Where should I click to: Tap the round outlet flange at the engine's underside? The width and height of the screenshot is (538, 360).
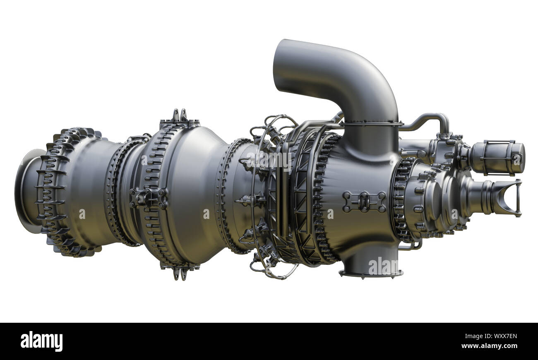point(371,273)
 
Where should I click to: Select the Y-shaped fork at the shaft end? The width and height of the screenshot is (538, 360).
point(507,198)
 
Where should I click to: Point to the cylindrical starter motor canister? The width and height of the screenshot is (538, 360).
point(497,158)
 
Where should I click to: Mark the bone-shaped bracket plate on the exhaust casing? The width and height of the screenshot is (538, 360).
point(364,202)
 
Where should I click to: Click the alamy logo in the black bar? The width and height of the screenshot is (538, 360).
point(41,341)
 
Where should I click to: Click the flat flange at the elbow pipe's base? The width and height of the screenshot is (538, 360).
point(371,123)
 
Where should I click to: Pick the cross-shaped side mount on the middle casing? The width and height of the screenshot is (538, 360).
point(148,198)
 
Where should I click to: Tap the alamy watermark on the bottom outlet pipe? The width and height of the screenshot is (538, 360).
point(383,266)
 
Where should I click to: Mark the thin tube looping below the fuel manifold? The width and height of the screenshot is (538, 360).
point(273,271)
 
